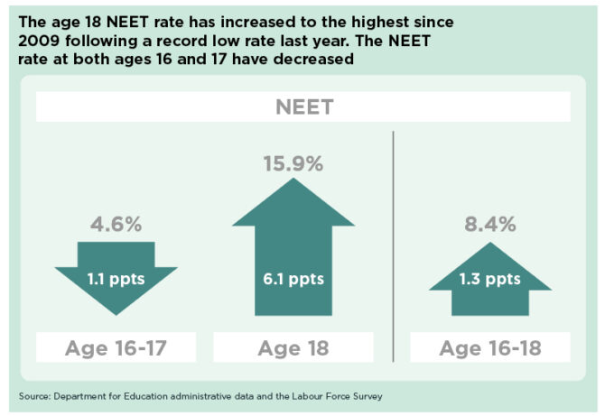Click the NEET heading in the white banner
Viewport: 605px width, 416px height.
pos(302,107)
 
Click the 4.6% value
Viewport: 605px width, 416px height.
pos(116,224)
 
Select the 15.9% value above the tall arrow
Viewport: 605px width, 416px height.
pos(293,165)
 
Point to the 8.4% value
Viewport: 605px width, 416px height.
pos(489,224)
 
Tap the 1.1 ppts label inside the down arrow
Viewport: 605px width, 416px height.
pos(116,279)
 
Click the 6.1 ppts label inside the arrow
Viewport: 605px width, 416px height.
pos(293,279)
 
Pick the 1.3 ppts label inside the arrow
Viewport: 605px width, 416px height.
pos(489,279)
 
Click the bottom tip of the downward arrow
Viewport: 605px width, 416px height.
pos(116,314)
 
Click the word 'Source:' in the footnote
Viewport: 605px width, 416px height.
pos(35,396)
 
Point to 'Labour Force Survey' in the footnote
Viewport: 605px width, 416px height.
pos(344,396)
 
